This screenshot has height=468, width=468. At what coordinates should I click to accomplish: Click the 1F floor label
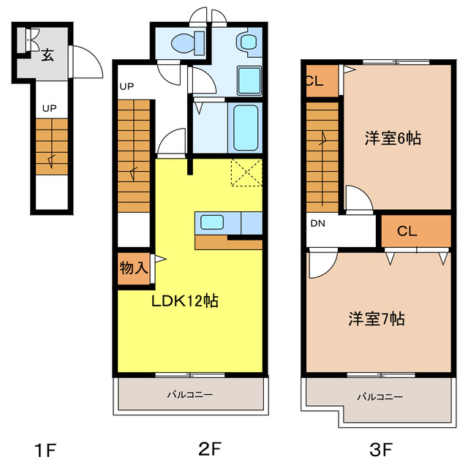[x=45, y=448]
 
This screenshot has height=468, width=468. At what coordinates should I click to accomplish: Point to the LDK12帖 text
[x=186, y=300]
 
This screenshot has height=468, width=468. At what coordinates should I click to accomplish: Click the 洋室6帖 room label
[x=393, y=137]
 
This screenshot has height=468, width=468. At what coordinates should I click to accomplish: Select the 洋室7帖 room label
[x=377, y=319]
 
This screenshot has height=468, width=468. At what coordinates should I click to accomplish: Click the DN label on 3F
[x=317, y=224]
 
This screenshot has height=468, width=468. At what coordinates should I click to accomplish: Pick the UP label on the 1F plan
[x=49, y=108]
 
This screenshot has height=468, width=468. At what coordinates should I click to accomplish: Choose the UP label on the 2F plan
[x=127, y=86]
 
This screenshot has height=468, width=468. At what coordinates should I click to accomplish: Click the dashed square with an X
[x=246, y=173]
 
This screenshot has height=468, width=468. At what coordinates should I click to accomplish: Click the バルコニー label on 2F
[x=189, y=395]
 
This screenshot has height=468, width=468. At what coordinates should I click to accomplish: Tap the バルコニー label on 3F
[x=380, y=397]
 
